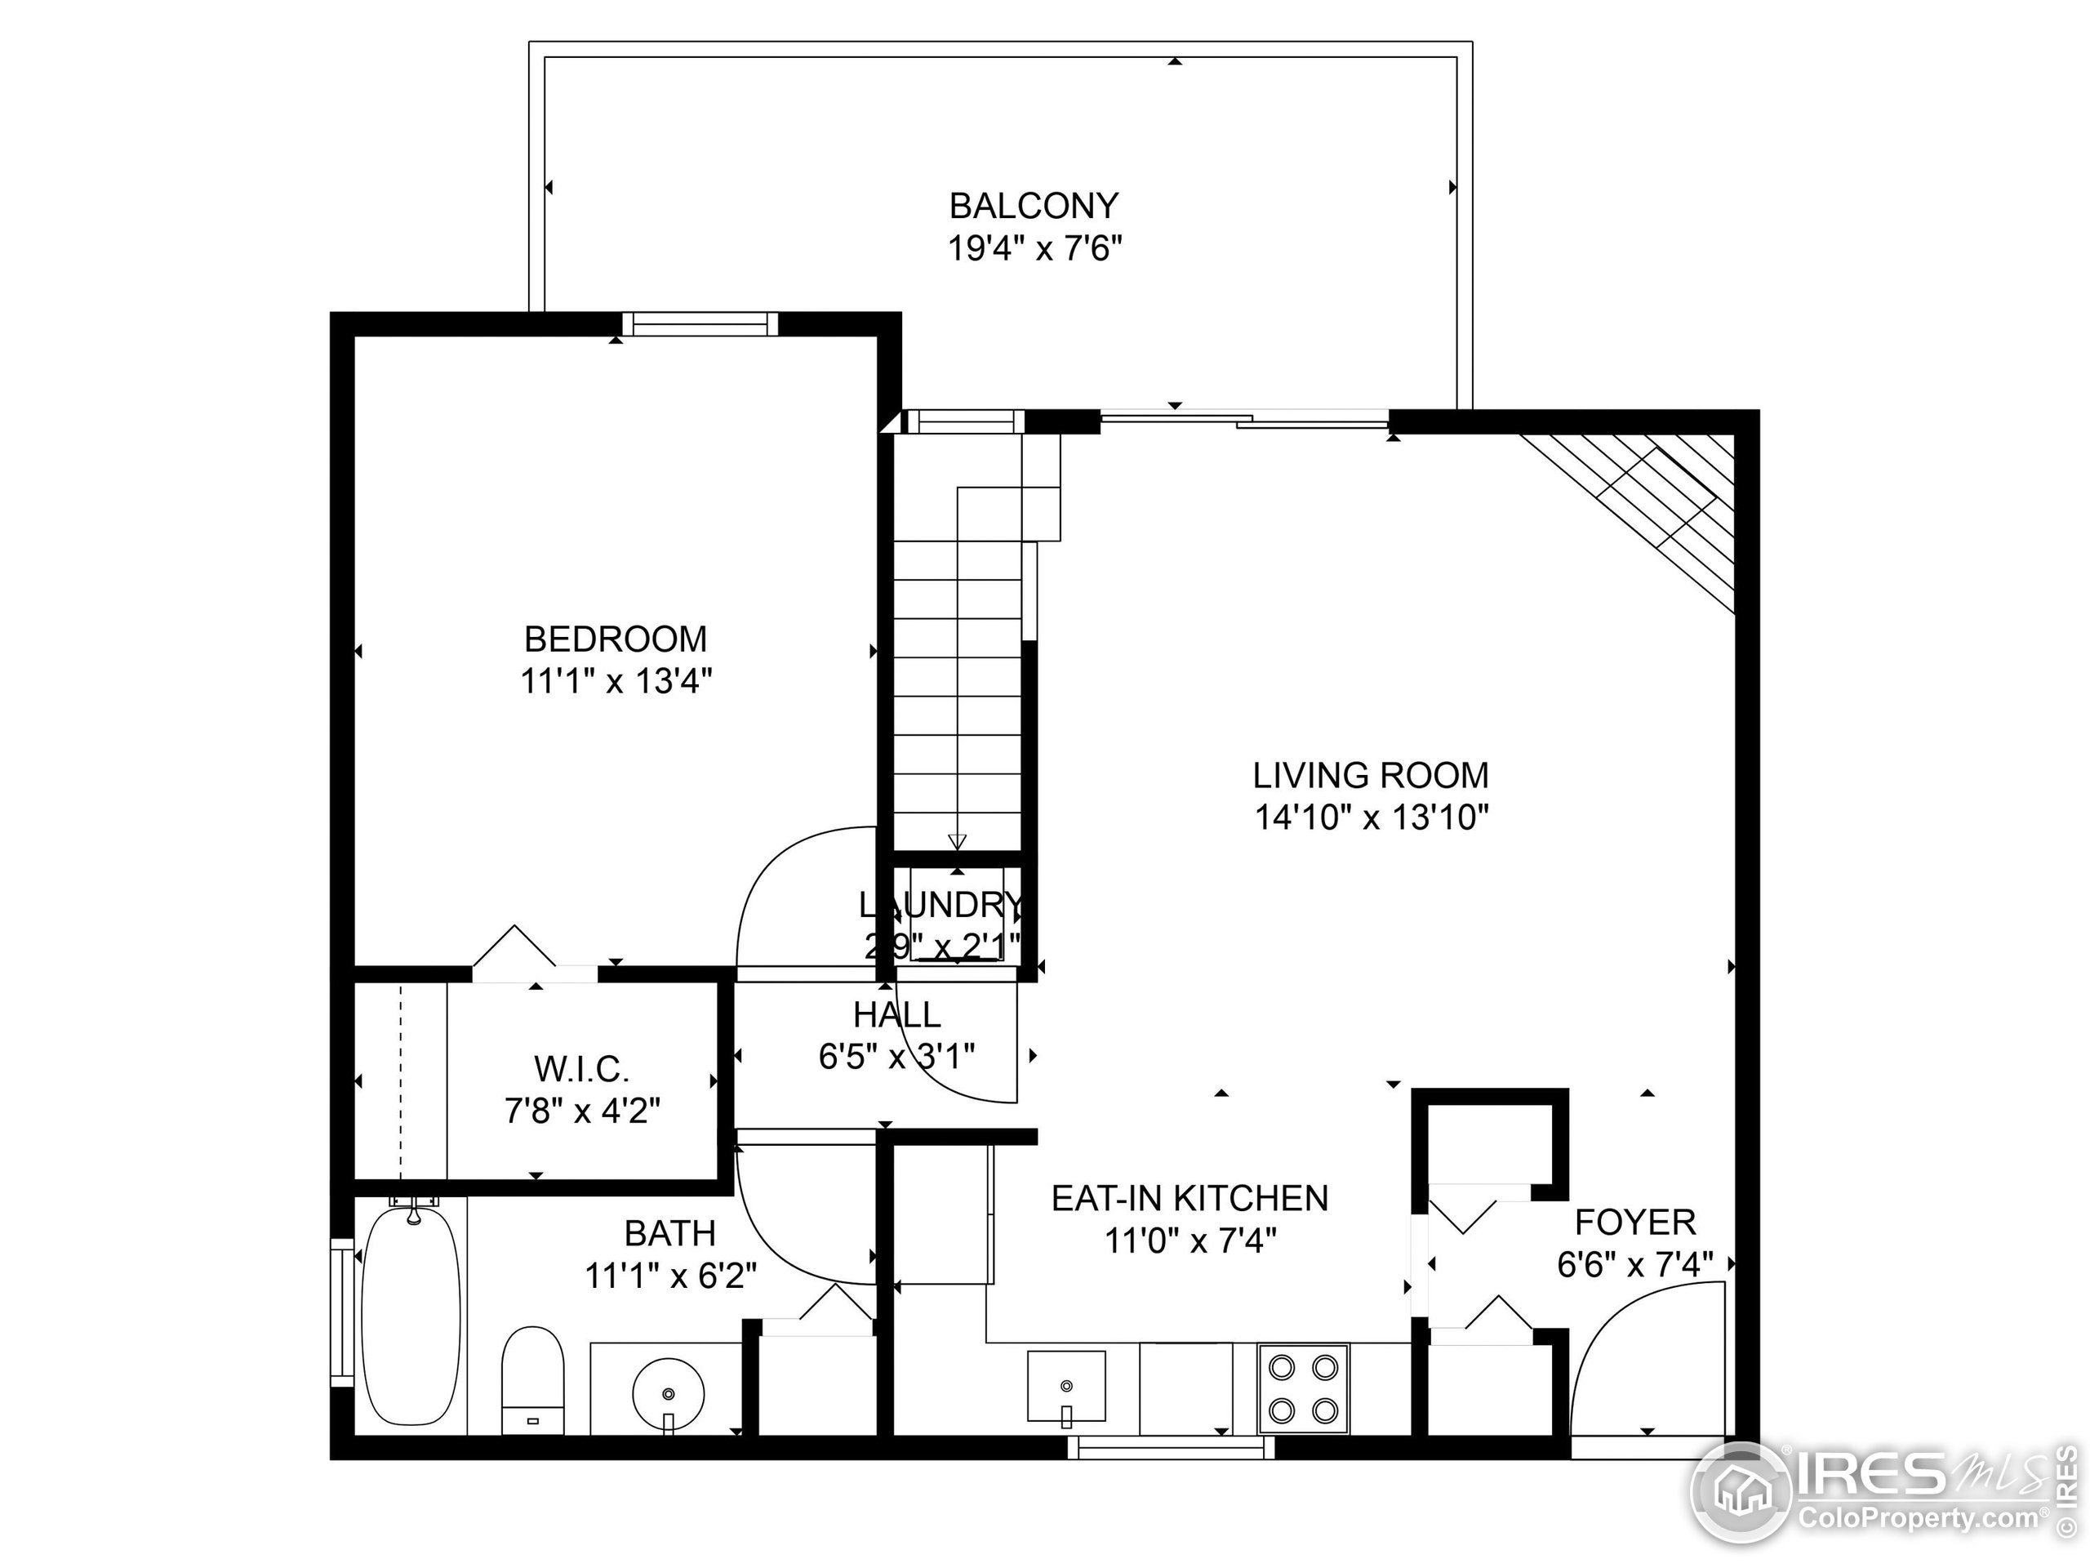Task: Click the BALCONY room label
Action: pyautogui.click(x=1034, y=205)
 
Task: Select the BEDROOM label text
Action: pyautogui.click(x=615, y=639)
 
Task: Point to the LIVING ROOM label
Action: pyautogui.click(x=1370, y=775)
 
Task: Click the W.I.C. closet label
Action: pyautogui.click(x=581, y=1069)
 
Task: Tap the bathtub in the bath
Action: pyautogui.click(x=412, y=1316)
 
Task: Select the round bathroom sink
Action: pyautogui.click(x=669, y=1393)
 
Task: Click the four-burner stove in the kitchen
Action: pyautogui.click(x=1303, y=1388)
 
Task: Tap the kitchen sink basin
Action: pyautogui.click(x=1065, y=1386)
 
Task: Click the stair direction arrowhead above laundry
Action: pyautogui.click(x=957, y=841)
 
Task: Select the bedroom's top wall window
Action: pyautogui.click(x=699, y=324)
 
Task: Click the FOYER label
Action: pyautogui.click(x=1634, y=1222)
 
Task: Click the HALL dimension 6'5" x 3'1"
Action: pyautogui.click(x=896, y=1056)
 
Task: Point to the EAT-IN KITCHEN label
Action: pyautogui.click(x=1190, y=1197)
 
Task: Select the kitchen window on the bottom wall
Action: pyautogui.click(x=1171, y=1447)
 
